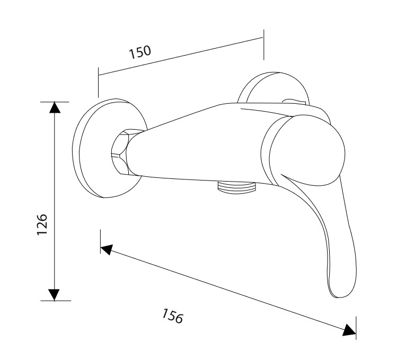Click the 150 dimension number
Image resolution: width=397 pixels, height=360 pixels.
(x=140, y=52)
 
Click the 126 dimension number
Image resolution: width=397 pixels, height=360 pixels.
(x=42, y=224)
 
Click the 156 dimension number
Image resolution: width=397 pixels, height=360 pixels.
(x=172, y=316)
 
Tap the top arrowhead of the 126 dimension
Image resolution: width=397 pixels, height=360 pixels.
(x=55, y=107)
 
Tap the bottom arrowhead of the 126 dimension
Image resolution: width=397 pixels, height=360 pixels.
(x=54, y=295)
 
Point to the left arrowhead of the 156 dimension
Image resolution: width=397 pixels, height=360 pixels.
(x=107, y=249)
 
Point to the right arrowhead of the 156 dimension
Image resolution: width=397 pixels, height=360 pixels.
(x=349, y=330)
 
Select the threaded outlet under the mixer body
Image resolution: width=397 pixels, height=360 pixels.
(x=236, y=187)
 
